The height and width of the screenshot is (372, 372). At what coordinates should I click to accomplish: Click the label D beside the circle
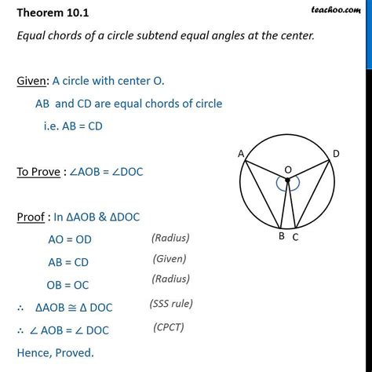click(x=336, y=154)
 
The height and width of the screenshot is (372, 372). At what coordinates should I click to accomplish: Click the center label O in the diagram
click(x=288, y=169)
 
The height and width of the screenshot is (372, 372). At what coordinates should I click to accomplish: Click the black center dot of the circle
click(x=288, y=181)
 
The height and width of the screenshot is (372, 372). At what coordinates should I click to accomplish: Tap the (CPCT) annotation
click(x=173, y=326)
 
